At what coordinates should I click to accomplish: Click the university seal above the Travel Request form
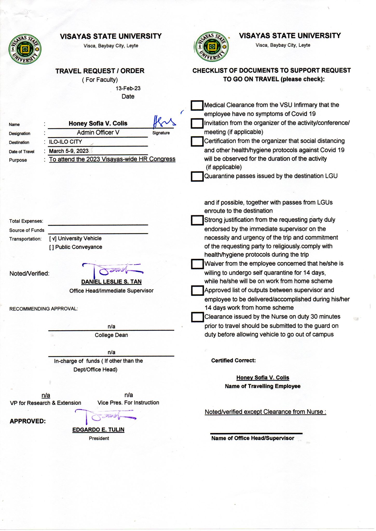(25, 49)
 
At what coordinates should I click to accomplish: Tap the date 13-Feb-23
(128, 88)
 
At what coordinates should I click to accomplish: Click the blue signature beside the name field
(163, 122)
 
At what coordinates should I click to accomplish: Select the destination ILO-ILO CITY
(65, 142)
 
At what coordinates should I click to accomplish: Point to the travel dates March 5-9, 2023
(69, 151)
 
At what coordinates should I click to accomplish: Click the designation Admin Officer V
(98, 132)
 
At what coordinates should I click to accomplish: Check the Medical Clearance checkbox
(197, 105)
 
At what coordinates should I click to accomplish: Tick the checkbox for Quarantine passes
(197, 176)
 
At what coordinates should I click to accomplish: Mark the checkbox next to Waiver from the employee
(197, 264)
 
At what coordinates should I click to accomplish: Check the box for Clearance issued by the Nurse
(197, 317)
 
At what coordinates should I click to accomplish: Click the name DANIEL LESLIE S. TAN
(111, 282)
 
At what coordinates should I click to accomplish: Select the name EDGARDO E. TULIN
(98, 430)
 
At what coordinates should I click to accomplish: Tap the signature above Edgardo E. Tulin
(105, 416)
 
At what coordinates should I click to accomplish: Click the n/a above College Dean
(111, 326)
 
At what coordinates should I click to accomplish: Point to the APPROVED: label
(28, 421)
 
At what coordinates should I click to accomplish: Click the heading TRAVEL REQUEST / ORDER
(100, 71)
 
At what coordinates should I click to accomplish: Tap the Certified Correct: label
(233, 360)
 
